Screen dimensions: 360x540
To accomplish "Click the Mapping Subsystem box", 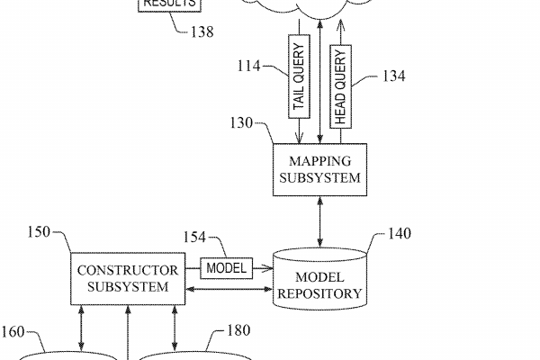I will [319, 169].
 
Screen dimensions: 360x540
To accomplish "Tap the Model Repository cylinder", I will [320, 279].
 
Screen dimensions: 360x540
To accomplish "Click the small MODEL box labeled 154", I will [227, 268].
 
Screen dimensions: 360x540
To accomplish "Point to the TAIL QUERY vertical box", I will [300, 76].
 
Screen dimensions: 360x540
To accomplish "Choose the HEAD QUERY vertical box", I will [340, 86].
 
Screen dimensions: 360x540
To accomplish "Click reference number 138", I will [202, 32].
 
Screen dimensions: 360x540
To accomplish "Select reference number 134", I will [393, 76].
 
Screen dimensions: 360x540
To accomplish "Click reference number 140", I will [399, 235].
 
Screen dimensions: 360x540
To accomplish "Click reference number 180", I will [238, 331].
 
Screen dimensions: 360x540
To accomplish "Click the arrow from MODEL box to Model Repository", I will [262, 268].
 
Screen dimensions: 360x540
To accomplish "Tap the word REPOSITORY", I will [320, 293].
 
